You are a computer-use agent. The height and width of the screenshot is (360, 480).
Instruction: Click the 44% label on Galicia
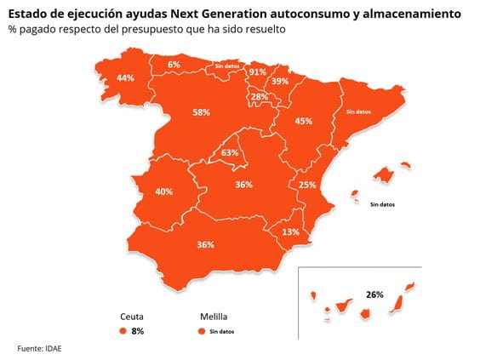[x=125, y=78]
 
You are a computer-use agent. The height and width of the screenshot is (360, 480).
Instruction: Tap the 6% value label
[x=174, y=65]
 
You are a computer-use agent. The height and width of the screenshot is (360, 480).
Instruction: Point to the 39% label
[x=279, y=81]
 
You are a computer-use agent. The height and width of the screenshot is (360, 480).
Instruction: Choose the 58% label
[x=201, y=112]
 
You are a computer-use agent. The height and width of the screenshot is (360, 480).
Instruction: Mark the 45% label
[x=303, y=122]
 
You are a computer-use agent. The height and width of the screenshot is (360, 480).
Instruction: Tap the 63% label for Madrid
[x=230, y=153]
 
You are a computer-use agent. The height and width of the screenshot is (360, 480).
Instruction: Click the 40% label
[x=164, y=191]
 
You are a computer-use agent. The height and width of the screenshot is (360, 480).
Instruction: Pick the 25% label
[x=307, y=186]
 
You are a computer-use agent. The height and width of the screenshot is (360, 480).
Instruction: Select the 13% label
[x=290, y=231]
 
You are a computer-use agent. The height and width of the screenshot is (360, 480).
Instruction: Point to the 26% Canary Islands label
[x=374, y=294]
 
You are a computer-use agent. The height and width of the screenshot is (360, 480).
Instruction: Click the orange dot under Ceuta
[x=123, y=330]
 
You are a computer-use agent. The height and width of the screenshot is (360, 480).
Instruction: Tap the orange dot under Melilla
[x=201, y=330]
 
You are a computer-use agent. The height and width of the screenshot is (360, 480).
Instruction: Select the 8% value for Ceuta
[x=138, y=330]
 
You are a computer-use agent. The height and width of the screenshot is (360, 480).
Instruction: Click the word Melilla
[x=214, y=314]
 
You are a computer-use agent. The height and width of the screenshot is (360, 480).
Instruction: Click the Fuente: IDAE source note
[x=40, y=348]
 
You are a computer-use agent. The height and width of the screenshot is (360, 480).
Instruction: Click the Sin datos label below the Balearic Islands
[x=382, y=204]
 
